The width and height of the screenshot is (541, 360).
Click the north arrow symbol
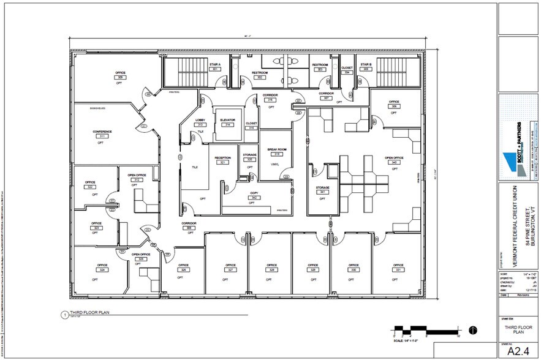(x=472, y=330)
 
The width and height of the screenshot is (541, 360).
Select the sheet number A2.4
(x=518, y=351)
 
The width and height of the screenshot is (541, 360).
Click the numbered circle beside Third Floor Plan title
(x=65, y=316)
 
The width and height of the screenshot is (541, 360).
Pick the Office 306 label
(x=394, y=104)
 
